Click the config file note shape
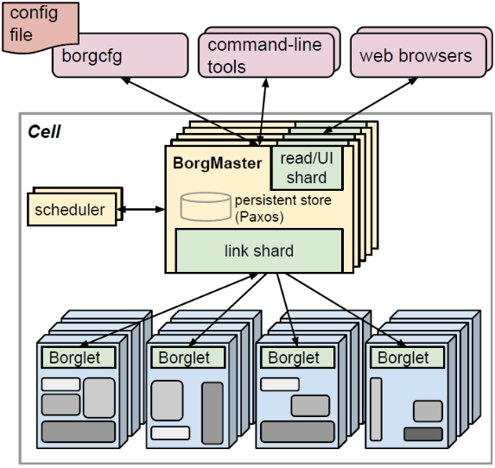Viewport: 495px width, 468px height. [x=40, y=27]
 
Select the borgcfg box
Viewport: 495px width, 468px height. [x=120, y=55]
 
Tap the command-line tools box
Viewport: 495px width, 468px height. [x=266, y=55]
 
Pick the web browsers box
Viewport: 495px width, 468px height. [x=419, y=55]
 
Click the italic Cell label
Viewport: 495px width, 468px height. [x=44, y=131]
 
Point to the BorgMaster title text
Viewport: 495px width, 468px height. [x=218, y=163]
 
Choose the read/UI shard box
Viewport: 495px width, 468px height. [x=307, y=168]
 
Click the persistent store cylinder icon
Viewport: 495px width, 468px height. [x=206, y=206]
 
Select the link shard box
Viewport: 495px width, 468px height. [x=259, y=250]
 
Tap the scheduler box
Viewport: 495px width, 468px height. [x=72, y=210]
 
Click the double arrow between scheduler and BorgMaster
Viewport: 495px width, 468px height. [x=141, y=209]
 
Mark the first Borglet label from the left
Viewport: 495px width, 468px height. [x=79, y=357]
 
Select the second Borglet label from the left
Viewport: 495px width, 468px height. [x=187, y=357]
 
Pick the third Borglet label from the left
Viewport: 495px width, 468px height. [x=297, y=357]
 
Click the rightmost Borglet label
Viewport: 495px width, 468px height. [x=407, y=357]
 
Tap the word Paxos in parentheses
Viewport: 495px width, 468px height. [x=259, y=217]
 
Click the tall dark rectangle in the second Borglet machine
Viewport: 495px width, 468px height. [x=213, y=414]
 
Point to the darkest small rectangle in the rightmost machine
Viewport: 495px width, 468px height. [x=423, y=434]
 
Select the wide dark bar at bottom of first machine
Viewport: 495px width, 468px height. [x=79, y=432]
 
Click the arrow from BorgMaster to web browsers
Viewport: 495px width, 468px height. [x=370, y=105]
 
